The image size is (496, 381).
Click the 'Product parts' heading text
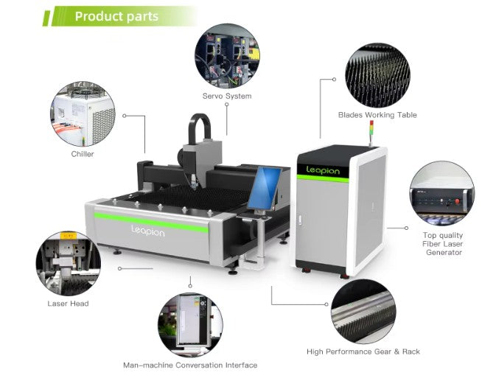tap(116, 15)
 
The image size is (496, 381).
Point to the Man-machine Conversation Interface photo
tap(190, 325)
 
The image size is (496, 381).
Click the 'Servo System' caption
tap(227, 97)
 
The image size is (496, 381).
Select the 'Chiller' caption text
tap(83, 154)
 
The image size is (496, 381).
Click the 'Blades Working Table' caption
tap(377, 115)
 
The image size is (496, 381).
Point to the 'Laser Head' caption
tap(69, 304)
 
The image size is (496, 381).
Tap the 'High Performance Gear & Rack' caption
tap(363, 352)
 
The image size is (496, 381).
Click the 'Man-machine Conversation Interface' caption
tap(190, 365)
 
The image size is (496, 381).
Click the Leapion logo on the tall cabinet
tap(323, 171)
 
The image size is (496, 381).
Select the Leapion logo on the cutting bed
tap(147, 231)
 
